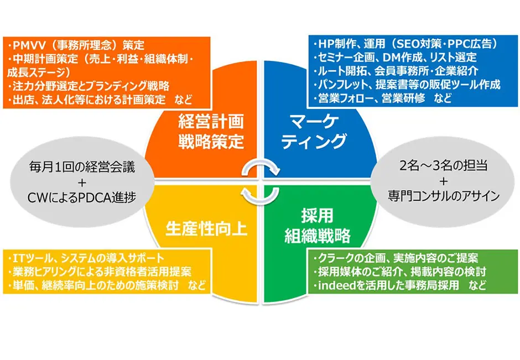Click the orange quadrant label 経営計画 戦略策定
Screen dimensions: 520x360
(x=211, y=131)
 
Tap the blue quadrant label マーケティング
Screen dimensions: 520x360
(x=314, y=132)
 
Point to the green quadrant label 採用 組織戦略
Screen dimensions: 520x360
(x=318, y=226)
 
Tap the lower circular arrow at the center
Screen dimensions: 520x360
(x=261, y=196)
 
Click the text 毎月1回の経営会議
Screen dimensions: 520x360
(x=82, y=167)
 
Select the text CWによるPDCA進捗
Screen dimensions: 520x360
(x=81, y=198)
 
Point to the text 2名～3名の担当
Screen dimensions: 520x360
(x=444, y=165)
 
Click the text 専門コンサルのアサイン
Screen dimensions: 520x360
(x=444, y=196)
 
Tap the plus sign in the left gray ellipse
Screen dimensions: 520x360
(x=82, y=182)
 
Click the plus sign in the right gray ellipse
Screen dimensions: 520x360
(x=444, y=181)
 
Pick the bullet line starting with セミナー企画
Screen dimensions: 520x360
(x=395, y=58)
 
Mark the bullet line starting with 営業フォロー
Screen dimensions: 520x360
(x=382, y=98)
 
